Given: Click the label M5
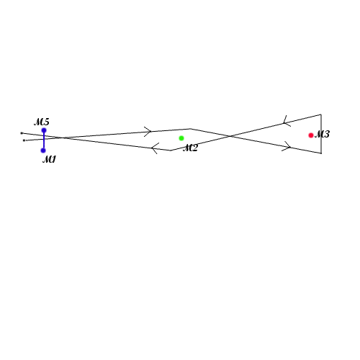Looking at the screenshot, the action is [42, 122].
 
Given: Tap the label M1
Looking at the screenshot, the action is [49, 159].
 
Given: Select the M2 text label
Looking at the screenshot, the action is [190, 148].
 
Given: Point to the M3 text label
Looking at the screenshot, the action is [322, 134].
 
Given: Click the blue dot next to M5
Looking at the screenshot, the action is [44, 130].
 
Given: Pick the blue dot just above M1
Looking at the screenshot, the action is [43, 150].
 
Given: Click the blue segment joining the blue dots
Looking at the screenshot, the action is [44, 140].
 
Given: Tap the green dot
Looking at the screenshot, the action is [181, 138].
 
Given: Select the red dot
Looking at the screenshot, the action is [311, 135].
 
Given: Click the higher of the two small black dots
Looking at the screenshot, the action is [22, 133].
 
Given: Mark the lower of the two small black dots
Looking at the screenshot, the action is [24, 140].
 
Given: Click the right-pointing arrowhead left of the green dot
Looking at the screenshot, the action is [148, 132].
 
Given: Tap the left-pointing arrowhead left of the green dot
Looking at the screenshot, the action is [155, 148].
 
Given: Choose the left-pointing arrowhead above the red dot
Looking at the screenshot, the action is [287, 121].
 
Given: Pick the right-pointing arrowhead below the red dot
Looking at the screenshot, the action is [287, 146].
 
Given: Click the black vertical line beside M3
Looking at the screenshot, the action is [321, 134].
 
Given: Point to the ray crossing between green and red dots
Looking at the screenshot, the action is [230, 136].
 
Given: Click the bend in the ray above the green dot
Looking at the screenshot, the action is [190, 129].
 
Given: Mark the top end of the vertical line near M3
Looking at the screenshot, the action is [321, 114].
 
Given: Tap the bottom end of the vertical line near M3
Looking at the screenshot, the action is [321, 153].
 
